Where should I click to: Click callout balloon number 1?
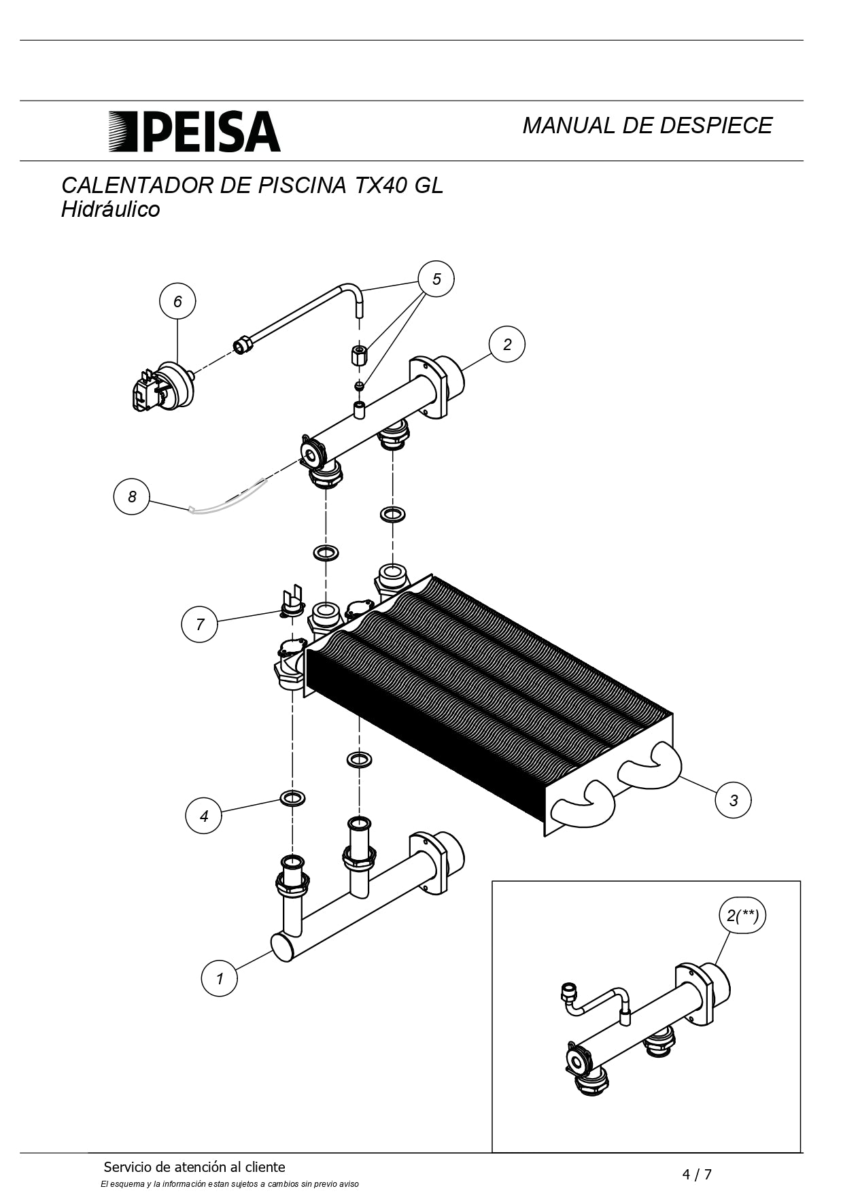pos(220,979)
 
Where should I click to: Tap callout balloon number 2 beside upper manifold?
pos(507,344)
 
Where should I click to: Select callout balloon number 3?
pos(734,800)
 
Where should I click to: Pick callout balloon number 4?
pos(204,816)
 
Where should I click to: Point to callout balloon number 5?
pos(436,279)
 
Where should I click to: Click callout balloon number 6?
pos(177,301)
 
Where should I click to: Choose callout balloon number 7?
pos(200,624)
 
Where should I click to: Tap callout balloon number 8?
pos(132,496)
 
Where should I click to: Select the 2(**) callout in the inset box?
pos(742,916)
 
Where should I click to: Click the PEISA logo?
pos(194,131)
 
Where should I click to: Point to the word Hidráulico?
pos(111,209)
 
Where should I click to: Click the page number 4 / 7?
pos(698,1174)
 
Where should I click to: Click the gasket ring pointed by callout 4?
pos(292,797)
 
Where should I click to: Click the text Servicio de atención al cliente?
pos(194,1167)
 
